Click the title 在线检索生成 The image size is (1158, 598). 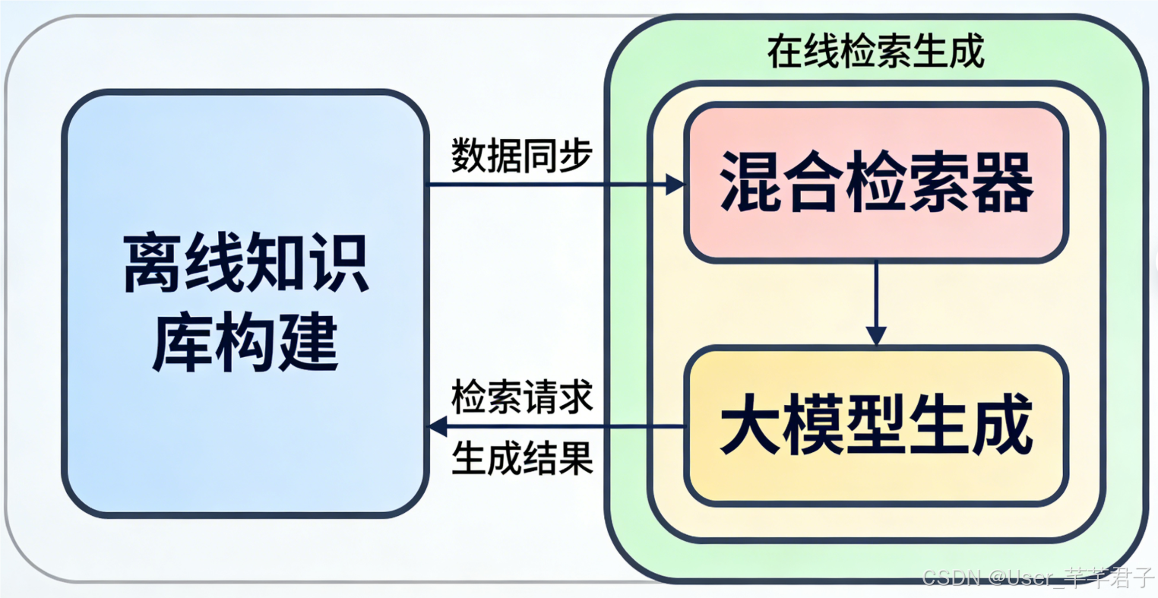tap(875, 52)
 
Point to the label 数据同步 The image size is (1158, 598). tap(521, 156)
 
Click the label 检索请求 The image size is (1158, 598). tap(521, 397)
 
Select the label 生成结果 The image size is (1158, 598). tap(521, 458)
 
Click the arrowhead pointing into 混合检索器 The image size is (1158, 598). tap(675, 184)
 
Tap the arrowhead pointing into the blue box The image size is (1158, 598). tap(439, 426)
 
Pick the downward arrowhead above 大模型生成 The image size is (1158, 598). tap(876, 335)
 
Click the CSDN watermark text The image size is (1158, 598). tap(1037, 578)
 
